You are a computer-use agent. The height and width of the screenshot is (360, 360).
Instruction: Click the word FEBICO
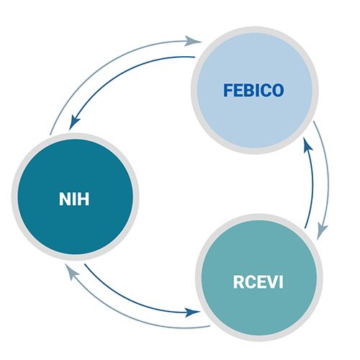click(x=253, y=91)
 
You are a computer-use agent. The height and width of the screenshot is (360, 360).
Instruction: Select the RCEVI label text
click(x=256, y=281)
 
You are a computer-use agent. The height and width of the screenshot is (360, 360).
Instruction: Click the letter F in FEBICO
click(x=228, y=91)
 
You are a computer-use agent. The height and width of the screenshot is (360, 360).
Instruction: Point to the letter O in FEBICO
click(x=278, y=91)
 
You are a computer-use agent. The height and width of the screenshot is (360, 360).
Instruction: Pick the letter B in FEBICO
click(x=247, y=91)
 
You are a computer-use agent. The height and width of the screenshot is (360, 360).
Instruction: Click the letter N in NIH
click(x=65, y=198)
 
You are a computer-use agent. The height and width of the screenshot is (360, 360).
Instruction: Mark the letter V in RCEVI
click(x=268, y=281)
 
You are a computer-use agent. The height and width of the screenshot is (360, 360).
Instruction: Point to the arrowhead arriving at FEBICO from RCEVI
click(x=305, y=145)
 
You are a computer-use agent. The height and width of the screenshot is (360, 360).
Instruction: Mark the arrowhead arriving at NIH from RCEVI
click(x=69, y=270)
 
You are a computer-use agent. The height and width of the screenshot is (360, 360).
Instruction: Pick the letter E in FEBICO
click(x=237, y=91)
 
